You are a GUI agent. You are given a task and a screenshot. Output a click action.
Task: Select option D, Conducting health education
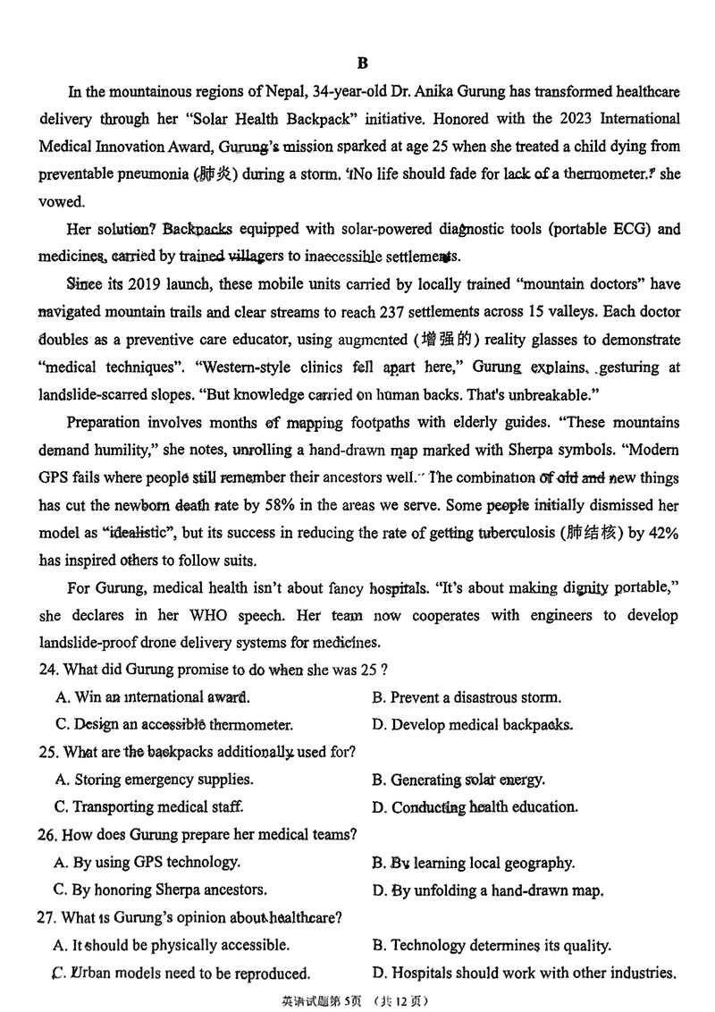[x=475, y=807]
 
